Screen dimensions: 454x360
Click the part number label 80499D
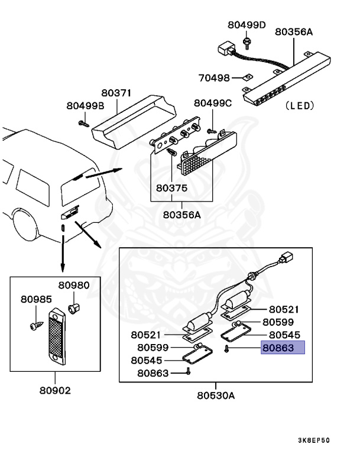[x=247, y=25]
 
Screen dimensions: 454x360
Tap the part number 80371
[x=116, y=93]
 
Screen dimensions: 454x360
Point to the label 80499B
[x=85, y=106]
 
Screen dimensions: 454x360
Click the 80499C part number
[x=213, y=103]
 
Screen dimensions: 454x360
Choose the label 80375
[x=171, y=189]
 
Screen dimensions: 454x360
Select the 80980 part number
[x=76, y=285]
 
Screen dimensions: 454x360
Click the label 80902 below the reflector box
[x=56, y=390]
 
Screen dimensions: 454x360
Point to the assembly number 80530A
[x=216, y=395]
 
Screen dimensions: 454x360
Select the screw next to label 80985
[x=34, y=325]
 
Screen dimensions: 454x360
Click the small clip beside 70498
[x=249, y=77]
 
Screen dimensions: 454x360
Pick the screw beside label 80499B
[x=82, y=123]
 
